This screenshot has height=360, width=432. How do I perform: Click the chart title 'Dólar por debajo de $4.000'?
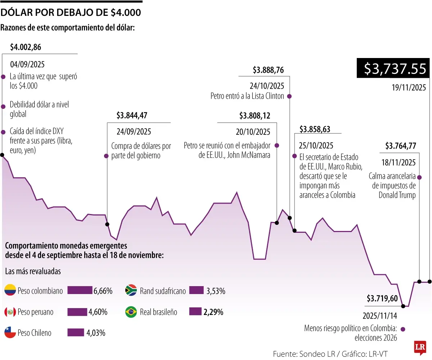(71, 13)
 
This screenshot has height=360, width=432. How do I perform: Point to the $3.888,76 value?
(268, 70)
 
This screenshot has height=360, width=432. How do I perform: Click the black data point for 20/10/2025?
(277, 223)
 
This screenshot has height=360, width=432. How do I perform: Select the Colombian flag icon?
(10, 290)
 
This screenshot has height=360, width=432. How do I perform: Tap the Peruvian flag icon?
(10, 312)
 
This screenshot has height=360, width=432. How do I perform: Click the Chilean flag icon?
(10, 333)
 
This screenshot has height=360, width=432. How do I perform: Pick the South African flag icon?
(131, 290)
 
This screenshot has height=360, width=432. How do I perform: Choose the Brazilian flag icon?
(131, 312)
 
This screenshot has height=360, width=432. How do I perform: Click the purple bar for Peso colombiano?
(80, 290)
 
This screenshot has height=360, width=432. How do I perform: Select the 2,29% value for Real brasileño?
(213, 312)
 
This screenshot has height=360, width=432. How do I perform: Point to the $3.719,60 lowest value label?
(382, 298)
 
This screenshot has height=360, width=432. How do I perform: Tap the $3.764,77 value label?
(401, 146)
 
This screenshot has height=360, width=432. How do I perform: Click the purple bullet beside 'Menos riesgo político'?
(403, 329)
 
